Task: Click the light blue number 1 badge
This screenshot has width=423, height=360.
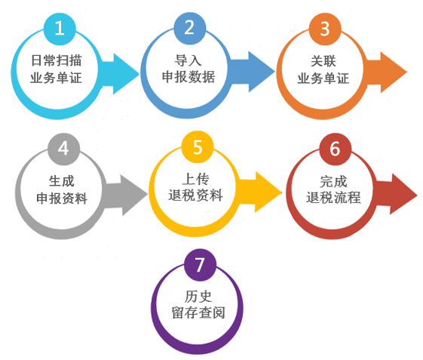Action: (x=60, y=29)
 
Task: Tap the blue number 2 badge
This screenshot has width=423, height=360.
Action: (x=190, y=28)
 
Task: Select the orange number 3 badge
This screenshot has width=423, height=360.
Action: (x=325, y=29)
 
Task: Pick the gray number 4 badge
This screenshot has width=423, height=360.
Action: (x=63, y=149)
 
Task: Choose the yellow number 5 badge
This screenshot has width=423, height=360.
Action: (x=198, y=147)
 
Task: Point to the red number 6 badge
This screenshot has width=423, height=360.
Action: (x=335, y=149)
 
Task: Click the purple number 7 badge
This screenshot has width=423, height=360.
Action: (x=200, y=265)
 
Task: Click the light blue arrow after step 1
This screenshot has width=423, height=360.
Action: (x=120, y=74)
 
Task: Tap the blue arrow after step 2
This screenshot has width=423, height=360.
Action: (x=253, y=72)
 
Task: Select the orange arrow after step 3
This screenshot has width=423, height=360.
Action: (x=387, y=72)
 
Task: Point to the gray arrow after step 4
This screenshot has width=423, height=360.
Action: (x=126, y=195)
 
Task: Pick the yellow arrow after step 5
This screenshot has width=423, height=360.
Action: (x=259, y=192)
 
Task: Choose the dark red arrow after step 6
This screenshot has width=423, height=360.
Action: (x=396, y=195)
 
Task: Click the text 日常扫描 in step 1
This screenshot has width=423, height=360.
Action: (x=57, y=60)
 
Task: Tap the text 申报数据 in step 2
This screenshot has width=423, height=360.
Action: (x=189, y=77)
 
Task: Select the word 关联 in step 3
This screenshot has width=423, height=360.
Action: (x=323, y=61)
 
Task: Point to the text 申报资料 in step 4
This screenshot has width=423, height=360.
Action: (x=62, y=198)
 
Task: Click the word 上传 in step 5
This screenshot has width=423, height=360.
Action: (x=195, y=179)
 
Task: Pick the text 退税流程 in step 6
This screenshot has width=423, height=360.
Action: (x=333, y=198)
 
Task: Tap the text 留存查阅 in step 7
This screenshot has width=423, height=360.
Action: (x=198, y=312)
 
